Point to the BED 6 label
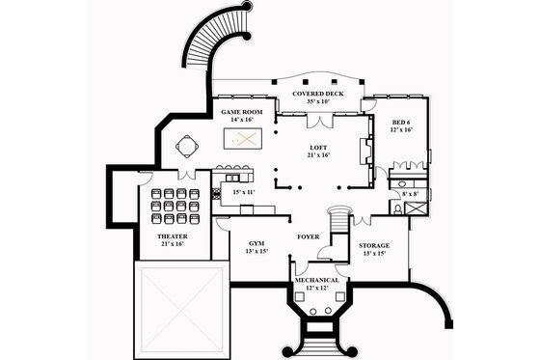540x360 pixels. click(x=402, y=123)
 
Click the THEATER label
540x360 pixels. click(x=172, y=235)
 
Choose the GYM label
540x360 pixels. click(x=256, y=242)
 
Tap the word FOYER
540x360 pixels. click(x=308, y=235)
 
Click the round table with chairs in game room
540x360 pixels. click(x=186, y=146)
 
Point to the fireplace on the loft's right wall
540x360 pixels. click(x=365, y=152)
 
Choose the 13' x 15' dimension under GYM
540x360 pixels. click(x=256, y=251)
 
